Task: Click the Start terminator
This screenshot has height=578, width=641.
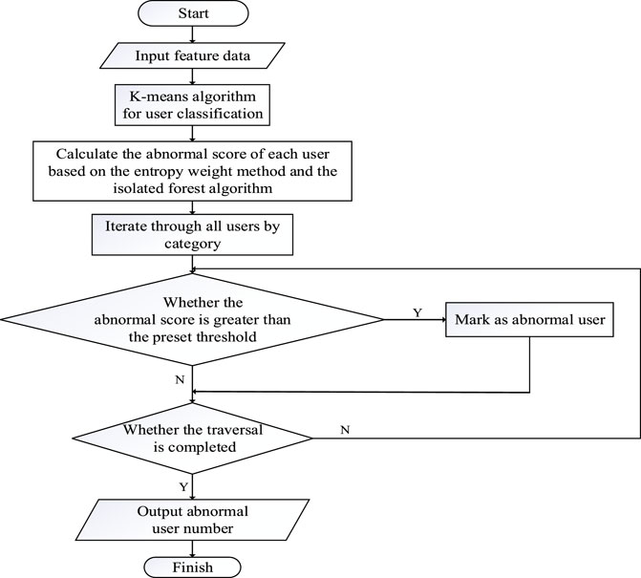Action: [x=193, y=13]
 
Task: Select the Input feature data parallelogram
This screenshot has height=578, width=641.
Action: [x=192, y=55]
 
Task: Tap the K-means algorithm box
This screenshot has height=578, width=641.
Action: [x=192, y=105]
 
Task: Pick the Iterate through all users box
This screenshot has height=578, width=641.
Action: [x=192, y=235]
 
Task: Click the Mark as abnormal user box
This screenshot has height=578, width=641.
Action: [x=529, y=320]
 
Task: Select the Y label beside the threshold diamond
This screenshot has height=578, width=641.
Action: [x=417, y=312]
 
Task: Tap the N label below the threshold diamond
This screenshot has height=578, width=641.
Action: [x=180, y=379]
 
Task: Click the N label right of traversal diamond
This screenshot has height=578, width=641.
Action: [x=345, y=430]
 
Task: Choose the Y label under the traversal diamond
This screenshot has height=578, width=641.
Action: [x=183, y=487]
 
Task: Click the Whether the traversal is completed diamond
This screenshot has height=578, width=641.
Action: [x=192, y=439]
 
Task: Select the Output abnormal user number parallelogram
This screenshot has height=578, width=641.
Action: [x=193, y=520]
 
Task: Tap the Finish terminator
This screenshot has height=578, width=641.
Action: [x=193, y=567]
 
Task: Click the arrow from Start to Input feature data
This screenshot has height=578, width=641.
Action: [x=192, y=34]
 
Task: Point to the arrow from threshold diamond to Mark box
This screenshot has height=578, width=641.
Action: [x=415, y=320]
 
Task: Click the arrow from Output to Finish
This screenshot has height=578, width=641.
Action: [x=192, y=548]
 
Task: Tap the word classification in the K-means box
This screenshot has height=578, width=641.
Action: [x=220, y=114]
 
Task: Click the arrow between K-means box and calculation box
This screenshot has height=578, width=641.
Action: [x=192, y=134]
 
